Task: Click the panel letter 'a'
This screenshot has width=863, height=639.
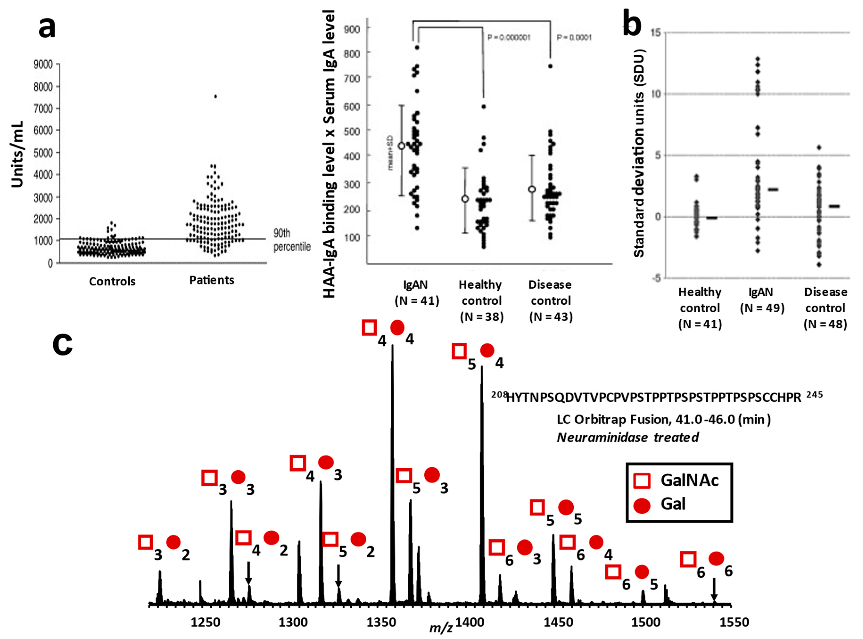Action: pyautogui.click(x=47, y=28)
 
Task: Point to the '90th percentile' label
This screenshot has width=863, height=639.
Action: pyautogui.click(x=292, y=240)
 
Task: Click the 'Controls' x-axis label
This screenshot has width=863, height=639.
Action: pyautogui.click(x=112, y=281)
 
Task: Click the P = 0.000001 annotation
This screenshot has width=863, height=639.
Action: pyautogui.click(x=508, y=37)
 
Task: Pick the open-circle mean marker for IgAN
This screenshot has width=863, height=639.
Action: pyautogui.click(x=401, y=146)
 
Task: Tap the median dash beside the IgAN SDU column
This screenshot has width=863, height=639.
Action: pyautogui.click(x=773, y=190)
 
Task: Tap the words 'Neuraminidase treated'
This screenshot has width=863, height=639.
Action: pyautogui.click(x=628, y=437)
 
